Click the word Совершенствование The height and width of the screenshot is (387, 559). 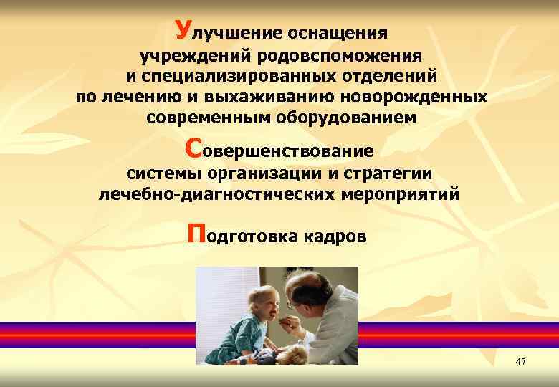(279, 150)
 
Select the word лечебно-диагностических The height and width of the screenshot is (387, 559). (211, 193)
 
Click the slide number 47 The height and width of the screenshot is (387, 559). (520, 363)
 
